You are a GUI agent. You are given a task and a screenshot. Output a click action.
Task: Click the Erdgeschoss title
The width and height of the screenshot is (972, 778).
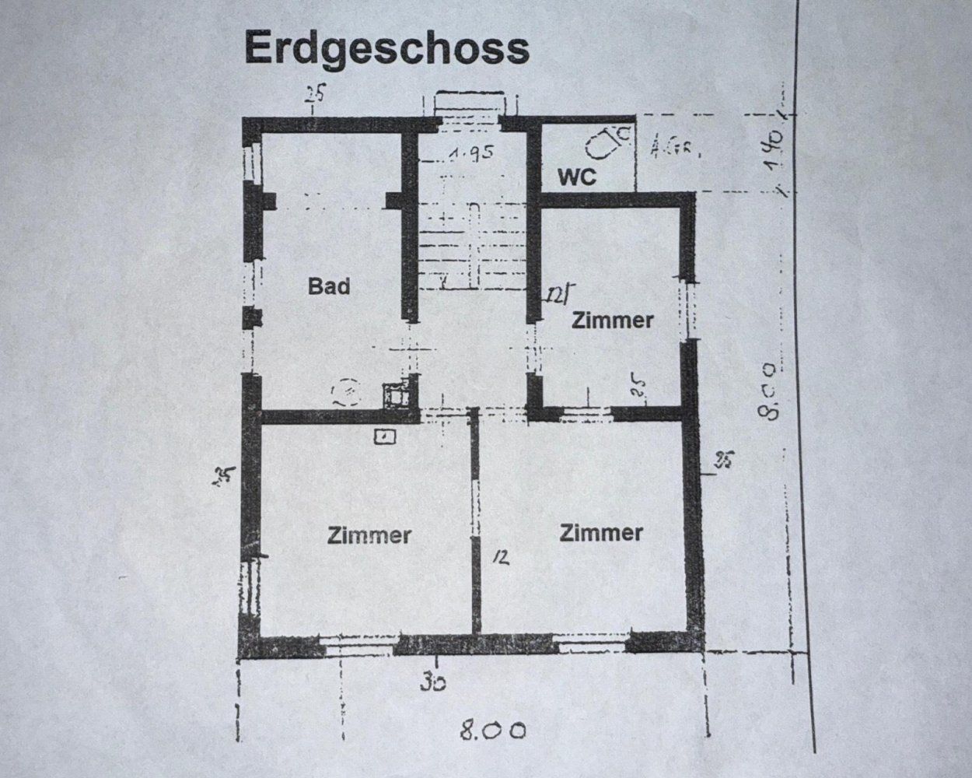[386, 48]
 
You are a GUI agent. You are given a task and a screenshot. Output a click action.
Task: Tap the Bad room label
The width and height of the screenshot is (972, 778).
[329, 286]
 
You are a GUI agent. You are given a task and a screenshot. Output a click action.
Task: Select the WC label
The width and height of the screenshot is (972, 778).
[577, 177]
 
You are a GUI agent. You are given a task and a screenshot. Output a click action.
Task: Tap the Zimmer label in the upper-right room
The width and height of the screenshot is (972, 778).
[612, 321]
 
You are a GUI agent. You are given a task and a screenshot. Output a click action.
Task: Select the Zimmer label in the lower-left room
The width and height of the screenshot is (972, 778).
[369, 536]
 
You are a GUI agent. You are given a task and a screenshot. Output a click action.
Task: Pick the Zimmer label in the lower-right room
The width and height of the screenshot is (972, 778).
[601, 533]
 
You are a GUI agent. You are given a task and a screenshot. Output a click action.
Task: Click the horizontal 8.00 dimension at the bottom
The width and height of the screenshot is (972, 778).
[492, 731]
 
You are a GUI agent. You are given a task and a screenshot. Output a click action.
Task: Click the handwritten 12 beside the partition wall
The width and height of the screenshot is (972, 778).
[500, 557]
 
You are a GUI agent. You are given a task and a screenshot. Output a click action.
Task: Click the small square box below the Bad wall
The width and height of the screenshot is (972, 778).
[385, 437]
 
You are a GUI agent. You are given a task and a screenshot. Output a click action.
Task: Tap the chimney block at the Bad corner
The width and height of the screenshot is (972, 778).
[398, 395]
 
